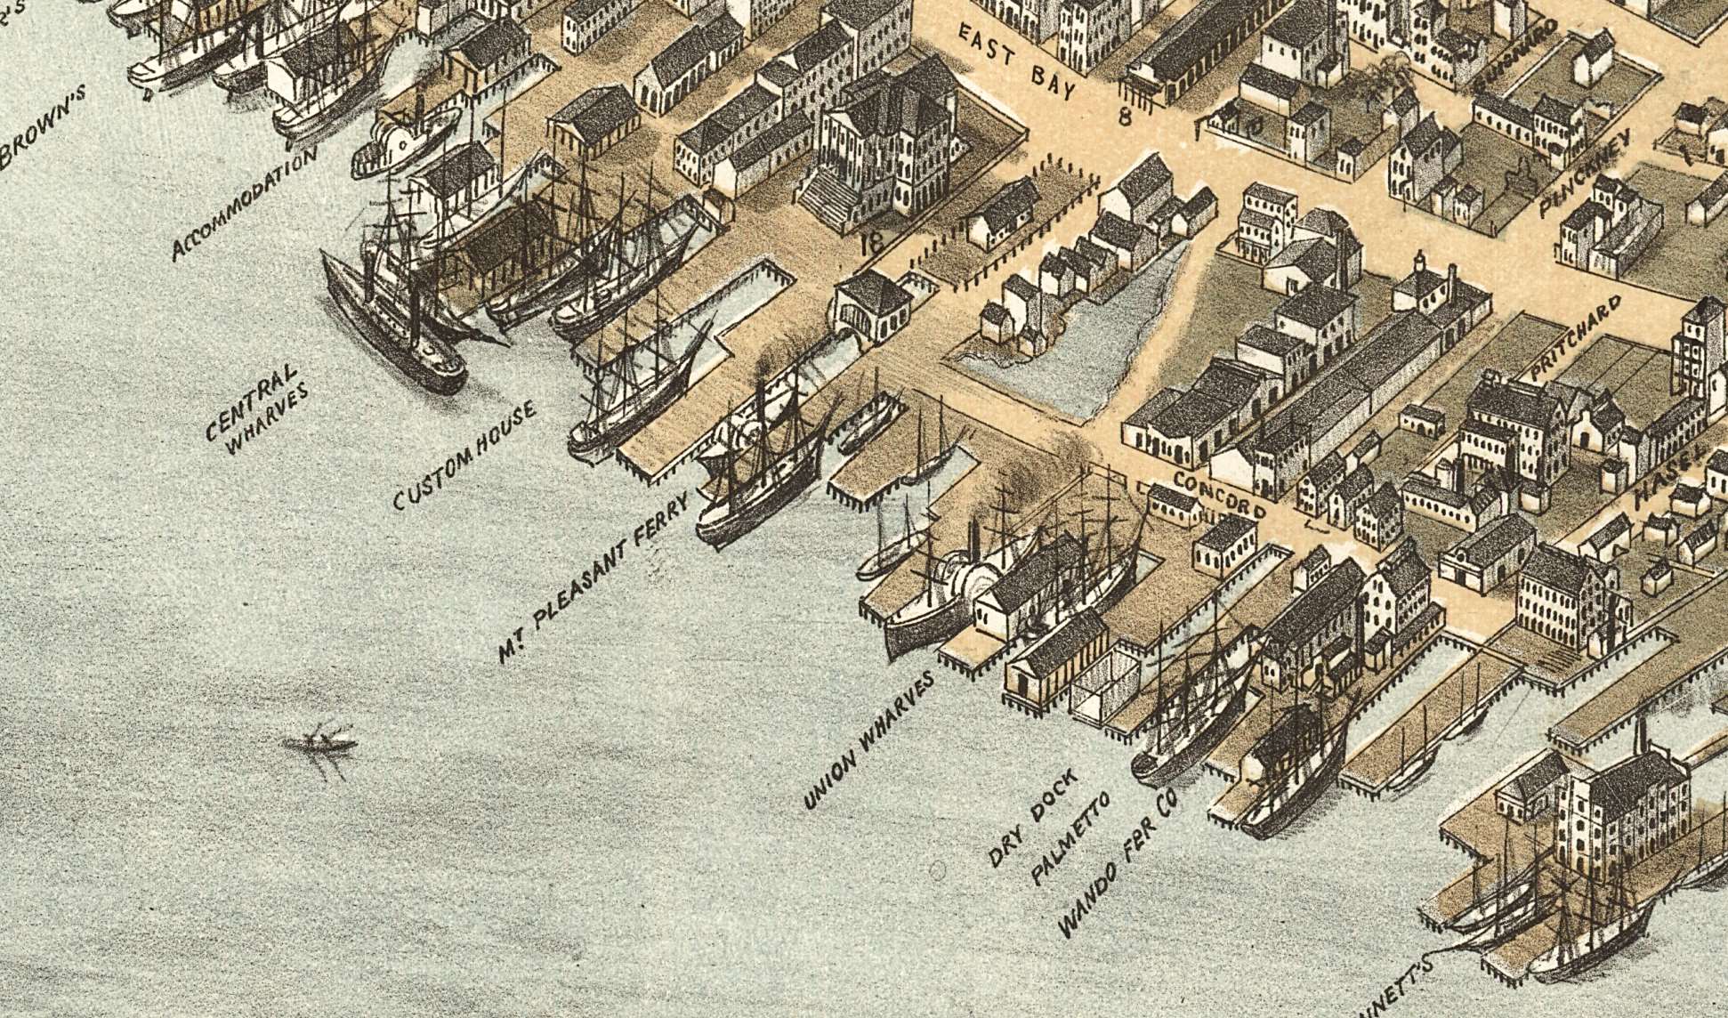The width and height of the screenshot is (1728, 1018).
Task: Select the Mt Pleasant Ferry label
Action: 594,578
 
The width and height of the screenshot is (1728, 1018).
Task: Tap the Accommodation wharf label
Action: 245,203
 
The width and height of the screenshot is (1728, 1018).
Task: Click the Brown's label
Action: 44,126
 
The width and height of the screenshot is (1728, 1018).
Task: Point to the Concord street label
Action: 1218,495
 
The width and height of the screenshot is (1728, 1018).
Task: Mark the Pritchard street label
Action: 1576,339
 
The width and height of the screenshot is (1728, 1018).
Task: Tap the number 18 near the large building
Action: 872,241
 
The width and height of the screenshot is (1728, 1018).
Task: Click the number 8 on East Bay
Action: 1125,115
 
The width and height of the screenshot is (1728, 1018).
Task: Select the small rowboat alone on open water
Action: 320,741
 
